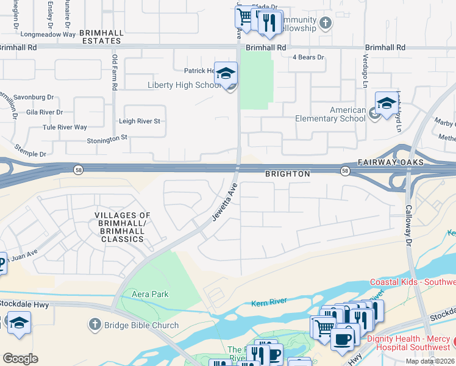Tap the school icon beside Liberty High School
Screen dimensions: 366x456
click(226, 74)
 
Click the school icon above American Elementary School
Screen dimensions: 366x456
click(387, 104)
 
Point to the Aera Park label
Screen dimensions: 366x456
click(150, 294)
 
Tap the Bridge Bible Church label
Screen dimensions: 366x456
click(142, 325)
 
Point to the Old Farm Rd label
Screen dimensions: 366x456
click(114, 72)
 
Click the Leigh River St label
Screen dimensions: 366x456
click(140, 121)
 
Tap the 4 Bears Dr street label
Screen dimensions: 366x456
click(308, 57)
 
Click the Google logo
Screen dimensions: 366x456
click(21, 358)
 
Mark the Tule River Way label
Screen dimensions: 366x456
click(65, 127)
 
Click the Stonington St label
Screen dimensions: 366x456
click(107, 138)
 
